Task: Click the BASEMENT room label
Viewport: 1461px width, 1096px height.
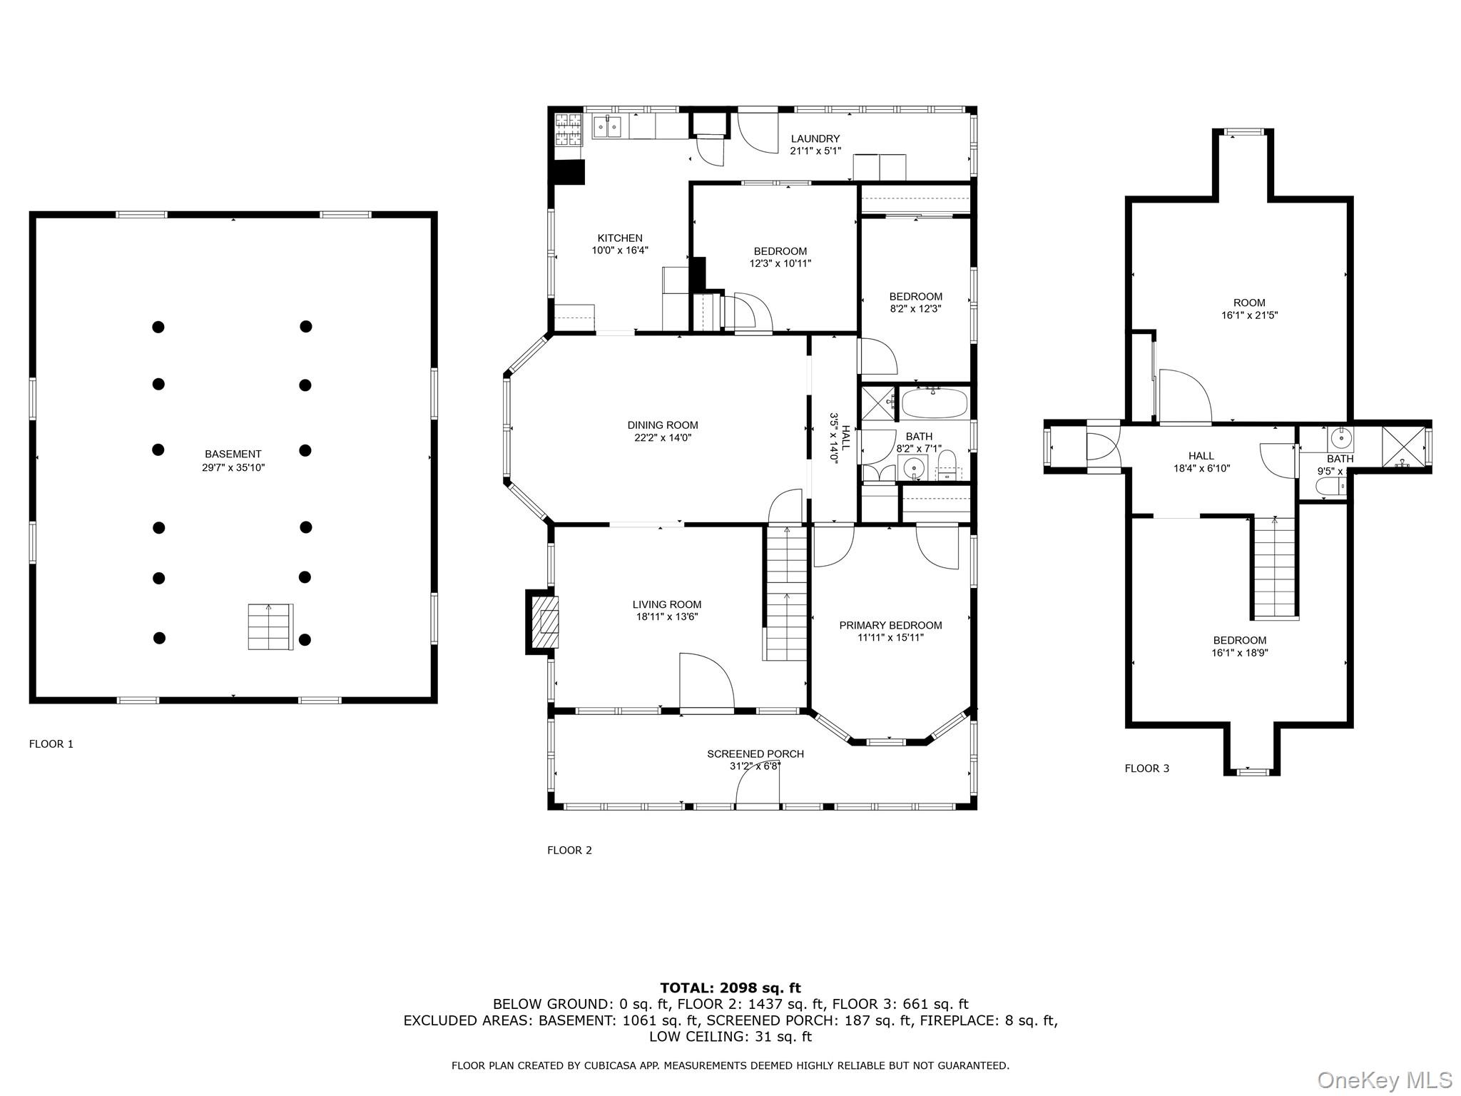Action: click(x=233, y=454)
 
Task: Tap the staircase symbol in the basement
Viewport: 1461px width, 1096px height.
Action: click(x=270, y=626)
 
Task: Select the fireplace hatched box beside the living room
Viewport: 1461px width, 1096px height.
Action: click(x=547, y=621)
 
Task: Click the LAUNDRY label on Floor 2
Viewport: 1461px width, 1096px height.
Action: click(x=815, y=138)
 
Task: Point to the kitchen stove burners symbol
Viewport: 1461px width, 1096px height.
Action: click(x=569, y=129)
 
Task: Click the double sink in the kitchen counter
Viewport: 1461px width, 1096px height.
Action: click(x=607, y=127)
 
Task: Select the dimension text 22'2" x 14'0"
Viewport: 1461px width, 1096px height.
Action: click(x=663, y=438)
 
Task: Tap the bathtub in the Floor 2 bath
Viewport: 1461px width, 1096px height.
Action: click(x=935, y=404)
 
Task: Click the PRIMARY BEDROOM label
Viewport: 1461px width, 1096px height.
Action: click(x=890, y=625)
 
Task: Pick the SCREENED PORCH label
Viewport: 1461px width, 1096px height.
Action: click(x=755, y=753)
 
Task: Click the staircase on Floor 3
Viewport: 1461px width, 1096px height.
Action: click(x=1274, y=567)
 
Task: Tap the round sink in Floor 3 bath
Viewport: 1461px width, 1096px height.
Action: click(x=1340, y=437)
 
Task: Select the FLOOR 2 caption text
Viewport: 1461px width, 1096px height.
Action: click(x=569, y=850)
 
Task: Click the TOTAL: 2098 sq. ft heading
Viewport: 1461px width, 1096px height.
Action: click(x=730, y=988)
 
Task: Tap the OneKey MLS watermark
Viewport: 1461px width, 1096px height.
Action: click(x=1384, y=1080)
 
